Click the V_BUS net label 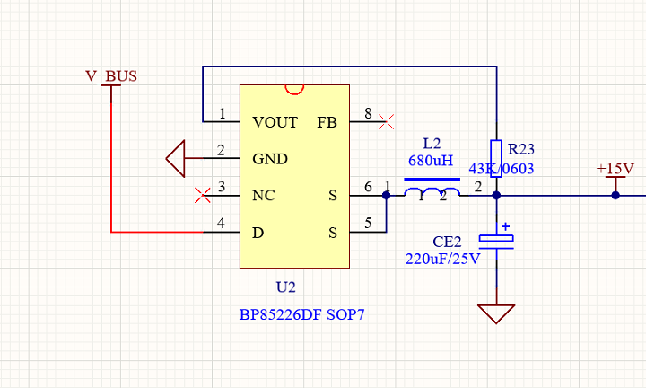[111, 76]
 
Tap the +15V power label [615, 169]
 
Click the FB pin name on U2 [327, 121]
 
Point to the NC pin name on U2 [263, 195]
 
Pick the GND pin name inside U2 [269, 159]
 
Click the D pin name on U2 [258, 233]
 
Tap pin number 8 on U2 [368, 113]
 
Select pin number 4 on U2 [221, 225]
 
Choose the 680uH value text [432, 162]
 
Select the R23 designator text [520, 149]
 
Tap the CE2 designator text [447, 242]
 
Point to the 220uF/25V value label [442, 259]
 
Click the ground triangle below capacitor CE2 [496, 313]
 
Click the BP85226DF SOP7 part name [302, 315]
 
